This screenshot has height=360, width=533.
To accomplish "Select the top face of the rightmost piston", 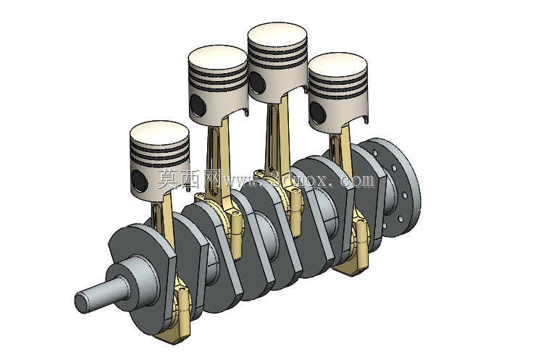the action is pos(338,66).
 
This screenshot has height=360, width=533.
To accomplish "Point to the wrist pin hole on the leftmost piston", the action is pos(139,180).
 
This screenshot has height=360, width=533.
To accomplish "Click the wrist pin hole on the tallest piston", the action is pos(257,82).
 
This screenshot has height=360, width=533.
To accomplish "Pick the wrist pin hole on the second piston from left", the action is pos(198,105).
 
